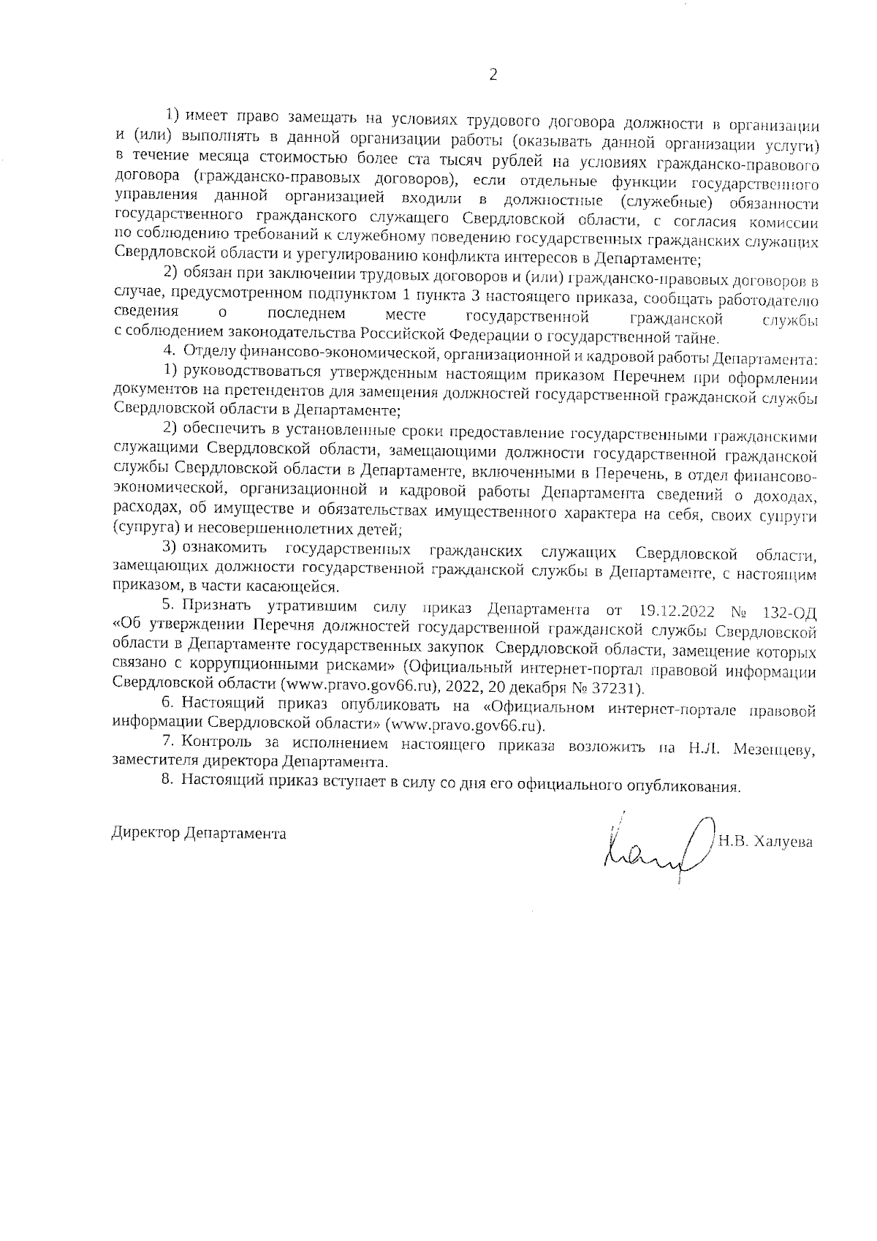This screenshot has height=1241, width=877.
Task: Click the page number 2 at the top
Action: [493, 75]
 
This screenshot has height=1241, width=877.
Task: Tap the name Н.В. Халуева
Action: [766, 842]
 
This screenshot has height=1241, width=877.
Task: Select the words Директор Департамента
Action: [198, 833]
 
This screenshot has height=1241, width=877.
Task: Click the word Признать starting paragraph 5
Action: [219, 606]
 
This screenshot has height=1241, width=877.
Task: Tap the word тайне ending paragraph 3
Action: [699, 339]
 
